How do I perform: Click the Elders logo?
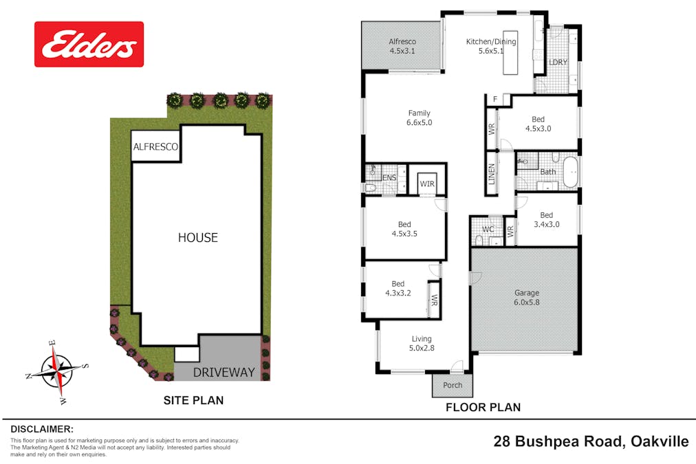pyautogui.click(x=89, y=44)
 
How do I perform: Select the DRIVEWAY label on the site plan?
pyautogui.click(x=224, y=373)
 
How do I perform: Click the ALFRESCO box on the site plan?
pyautogui.click(x=155, y=147)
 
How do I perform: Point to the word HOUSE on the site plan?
pyautogui.click(x=197, y=238)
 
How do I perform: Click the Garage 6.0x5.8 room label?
pyautogui.click(x=527, y=298)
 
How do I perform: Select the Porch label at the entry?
pyautogui.click(x=453, y=385)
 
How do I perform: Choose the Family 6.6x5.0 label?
pyautogui.click(x=419, y=118)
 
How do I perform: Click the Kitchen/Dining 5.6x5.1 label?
pyautogui.click(x=491, y=46)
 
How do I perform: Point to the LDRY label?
pyautogui.click(x=558, y=63)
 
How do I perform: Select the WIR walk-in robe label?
pyautogui.click(x=426, y=184)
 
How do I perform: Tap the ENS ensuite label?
pyautogui.click(x=389, y=178)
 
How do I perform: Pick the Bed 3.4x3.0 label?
pyautogui.click(x=546, y=220)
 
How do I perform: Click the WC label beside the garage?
pyautogui.click(x=488, y=229)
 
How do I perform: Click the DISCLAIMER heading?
pyautogui.click(x=42, y=428)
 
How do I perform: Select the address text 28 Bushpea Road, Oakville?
pyautogui.click(x=591, y=441)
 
